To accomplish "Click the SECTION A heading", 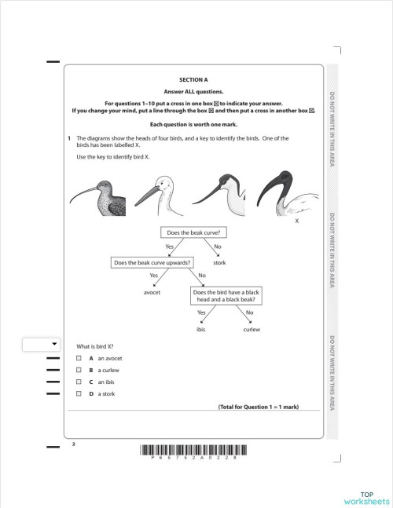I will click(x=193, y=80).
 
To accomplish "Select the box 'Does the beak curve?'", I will click(x=193, y=232).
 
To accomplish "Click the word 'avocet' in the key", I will click(x=152, y=291).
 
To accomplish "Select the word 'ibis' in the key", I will click(x=200, y=329).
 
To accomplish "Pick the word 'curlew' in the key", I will click(x=252, y=329).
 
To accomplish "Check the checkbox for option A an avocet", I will click(x=79, y=358).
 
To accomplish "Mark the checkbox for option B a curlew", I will click(x=79, y=370).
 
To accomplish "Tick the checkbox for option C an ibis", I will click(x=79, y=382).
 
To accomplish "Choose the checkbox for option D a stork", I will click(x=79, y=393).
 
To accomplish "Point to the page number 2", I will click(x=72, y=444).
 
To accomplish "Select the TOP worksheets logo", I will click(x=366, y=497).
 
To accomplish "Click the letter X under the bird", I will click(x=296, y=221).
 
